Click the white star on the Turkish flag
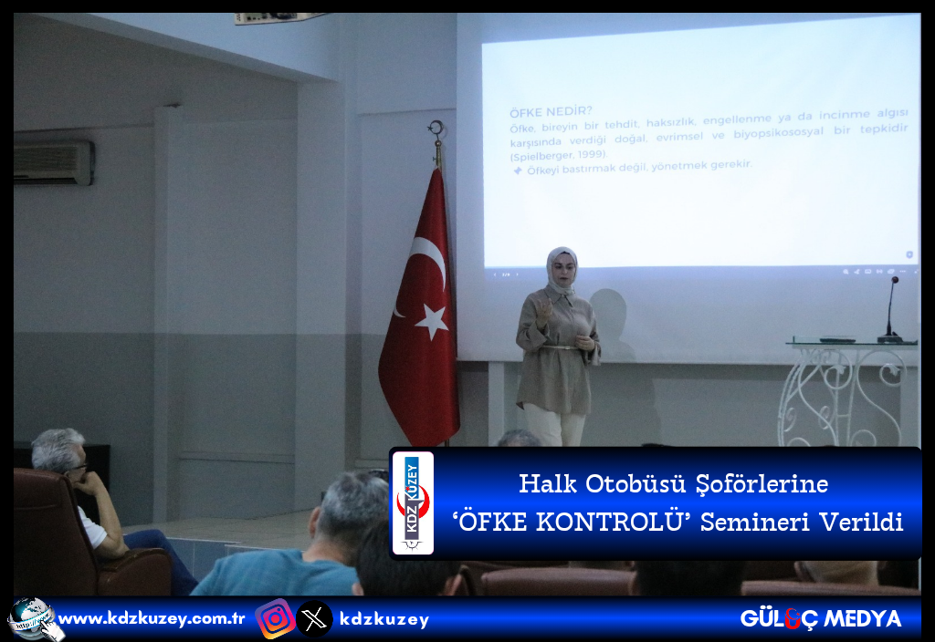point(432,321)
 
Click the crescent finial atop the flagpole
point(437,128)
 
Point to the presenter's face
point(563,270)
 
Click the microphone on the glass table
point(890,310)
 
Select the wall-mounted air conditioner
point(54,162)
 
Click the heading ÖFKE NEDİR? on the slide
point(551,112)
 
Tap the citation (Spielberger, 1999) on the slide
point(559,155)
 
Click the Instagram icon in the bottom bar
point(275,619)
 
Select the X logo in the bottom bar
point(314,619)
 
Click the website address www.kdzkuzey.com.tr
point(152,619)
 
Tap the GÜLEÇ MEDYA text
point(821,619)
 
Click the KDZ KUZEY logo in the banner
point(413,503)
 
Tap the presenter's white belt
point(559,347)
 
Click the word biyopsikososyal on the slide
point(778,133)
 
